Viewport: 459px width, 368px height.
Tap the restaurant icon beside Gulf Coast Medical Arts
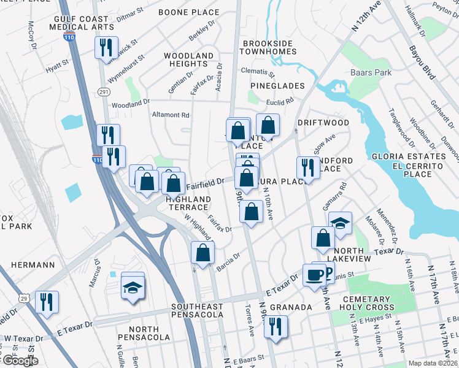[106, 47]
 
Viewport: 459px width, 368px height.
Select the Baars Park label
[371, 72]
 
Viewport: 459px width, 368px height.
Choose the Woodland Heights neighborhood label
[188, 59]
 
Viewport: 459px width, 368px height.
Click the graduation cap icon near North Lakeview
[340, 223]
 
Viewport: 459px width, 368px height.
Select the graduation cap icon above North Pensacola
[133, 286]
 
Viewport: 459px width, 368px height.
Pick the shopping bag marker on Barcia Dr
[202, 252]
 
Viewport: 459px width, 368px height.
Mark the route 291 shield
[102, 91]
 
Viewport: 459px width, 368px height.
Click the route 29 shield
[23, 297]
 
